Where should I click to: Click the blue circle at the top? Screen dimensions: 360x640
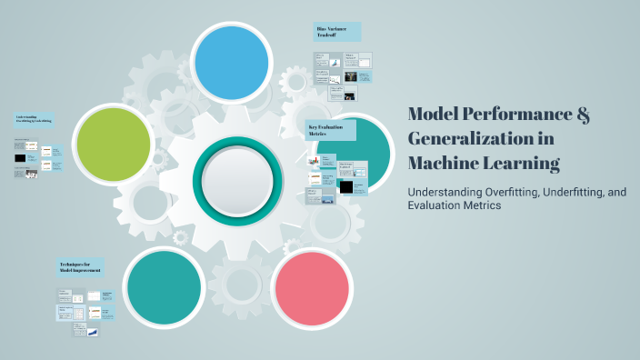(232, 63)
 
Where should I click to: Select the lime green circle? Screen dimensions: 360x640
(114, 145)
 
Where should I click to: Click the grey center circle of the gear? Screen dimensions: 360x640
(235, 175)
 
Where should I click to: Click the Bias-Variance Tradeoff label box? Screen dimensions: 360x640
(336, 32)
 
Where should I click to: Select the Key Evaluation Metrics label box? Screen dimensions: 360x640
(330, 131)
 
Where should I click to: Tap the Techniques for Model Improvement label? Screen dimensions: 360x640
(81, 267)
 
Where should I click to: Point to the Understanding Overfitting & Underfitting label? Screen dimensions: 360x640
(35, 118)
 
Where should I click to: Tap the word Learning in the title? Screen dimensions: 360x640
(528, 164)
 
